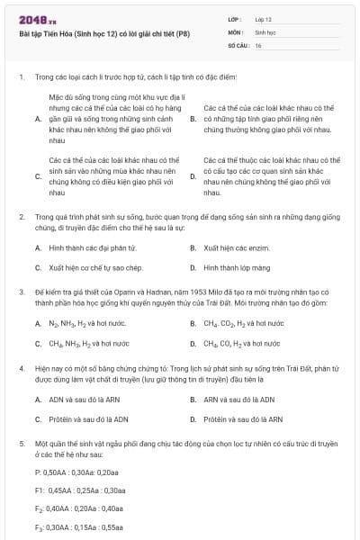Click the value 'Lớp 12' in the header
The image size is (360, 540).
coord(264,18)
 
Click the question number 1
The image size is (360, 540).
coord(21,77)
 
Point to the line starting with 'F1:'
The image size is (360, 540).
coord(80,490)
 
